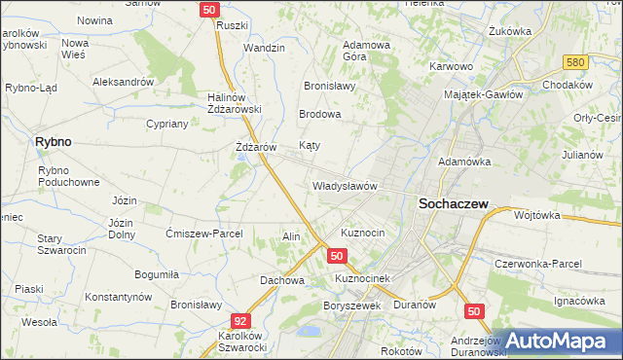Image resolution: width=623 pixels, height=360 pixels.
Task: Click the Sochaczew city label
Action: pos(453,204)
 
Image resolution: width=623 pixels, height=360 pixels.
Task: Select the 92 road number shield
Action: pos(240,319)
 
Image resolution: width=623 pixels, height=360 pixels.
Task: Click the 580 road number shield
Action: pos(577,62)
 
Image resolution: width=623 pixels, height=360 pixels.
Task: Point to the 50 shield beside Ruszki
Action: pos(210,9)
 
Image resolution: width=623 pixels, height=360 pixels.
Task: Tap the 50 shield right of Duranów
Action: pos(474,310)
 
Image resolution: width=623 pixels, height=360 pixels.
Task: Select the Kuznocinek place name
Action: pos(362,278)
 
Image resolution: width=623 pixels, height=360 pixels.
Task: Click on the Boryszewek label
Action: pos(350,305)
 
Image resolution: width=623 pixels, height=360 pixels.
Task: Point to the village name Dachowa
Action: pos(282,280)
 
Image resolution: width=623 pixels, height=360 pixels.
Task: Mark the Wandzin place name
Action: pos(264,48)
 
